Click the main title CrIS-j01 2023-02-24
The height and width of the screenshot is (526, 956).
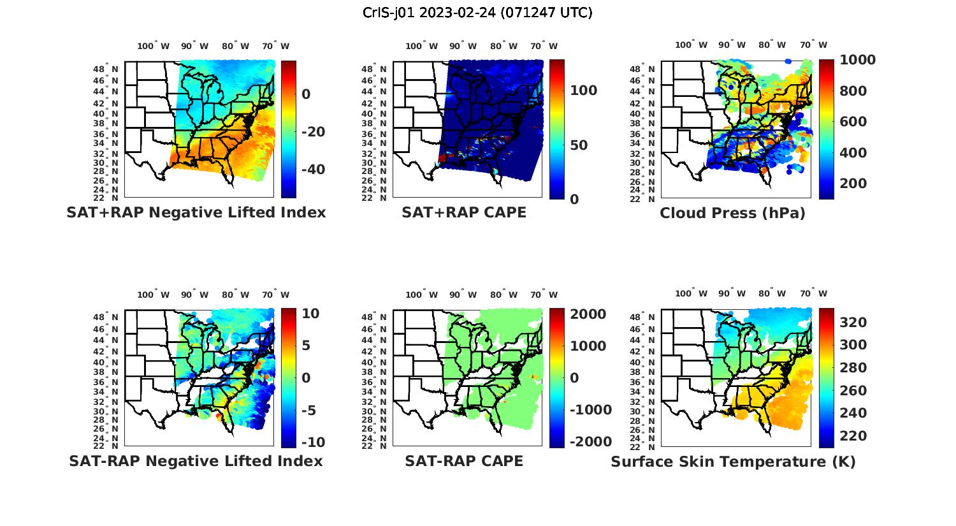click(477, 12)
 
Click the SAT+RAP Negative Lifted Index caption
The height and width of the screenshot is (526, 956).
click(196, 212)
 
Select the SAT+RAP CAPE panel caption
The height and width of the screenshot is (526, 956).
click(464, 212)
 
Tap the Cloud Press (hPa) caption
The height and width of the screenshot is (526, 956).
click(732, 213)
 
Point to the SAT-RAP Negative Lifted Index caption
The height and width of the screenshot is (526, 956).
click(196, 461)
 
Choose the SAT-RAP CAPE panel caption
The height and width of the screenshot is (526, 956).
click(464, 461)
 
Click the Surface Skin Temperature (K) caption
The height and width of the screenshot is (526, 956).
click(733, 462)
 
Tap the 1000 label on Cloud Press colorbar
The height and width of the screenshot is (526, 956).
click(857, 60)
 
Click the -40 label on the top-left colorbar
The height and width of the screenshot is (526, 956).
click(313, 170)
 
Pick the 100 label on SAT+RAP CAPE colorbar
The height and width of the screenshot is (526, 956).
click(584, 91)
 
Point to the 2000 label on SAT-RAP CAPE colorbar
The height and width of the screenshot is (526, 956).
click(588, 314)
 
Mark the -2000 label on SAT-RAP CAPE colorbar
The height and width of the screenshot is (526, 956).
click(591, 442)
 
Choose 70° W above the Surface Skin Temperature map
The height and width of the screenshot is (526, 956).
click(813, 294)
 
